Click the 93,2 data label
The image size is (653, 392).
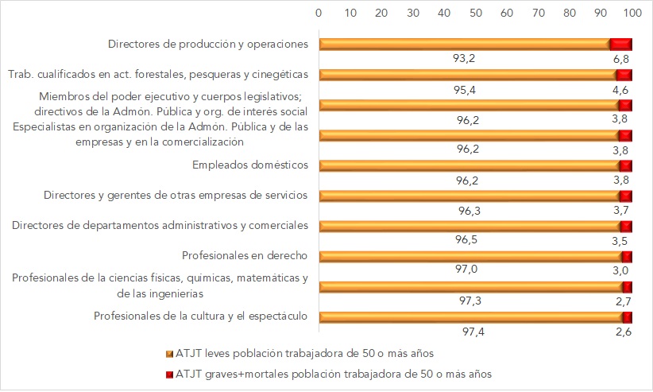[463, 58]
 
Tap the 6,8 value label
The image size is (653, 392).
[621, 58]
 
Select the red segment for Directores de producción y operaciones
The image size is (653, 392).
[621, 45]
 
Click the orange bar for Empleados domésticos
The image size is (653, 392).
[469, 165]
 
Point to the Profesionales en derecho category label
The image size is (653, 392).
[245, 256]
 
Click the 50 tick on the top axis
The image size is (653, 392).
[475, 14]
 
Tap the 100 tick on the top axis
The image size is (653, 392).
[632, 14]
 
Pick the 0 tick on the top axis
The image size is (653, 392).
[319, 14]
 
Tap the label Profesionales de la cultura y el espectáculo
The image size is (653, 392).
[200, 316]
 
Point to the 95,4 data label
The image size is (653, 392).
[465, 89]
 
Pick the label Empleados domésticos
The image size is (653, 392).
[250, 165]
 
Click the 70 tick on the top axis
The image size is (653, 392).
[538, 14]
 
